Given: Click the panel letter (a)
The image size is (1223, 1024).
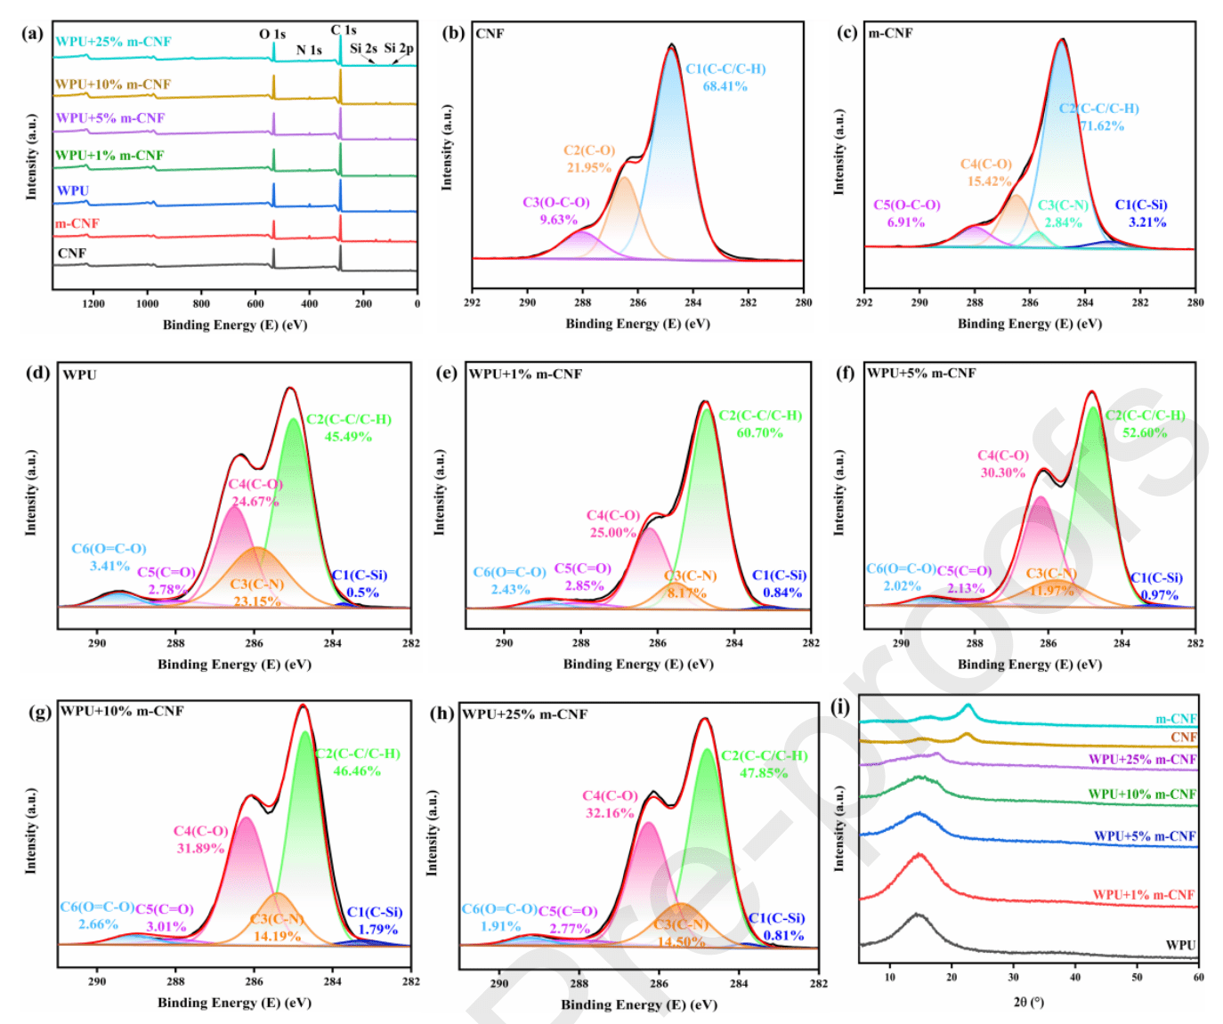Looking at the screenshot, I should pyautogui.click(x=33, y=34).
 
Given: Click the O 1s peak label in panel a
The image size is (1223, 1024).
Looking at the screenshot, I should pyautogui.click(x=272, y=34).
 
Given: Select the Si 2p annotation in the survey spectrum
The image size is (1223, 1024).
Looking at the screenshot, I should pyautogui.click(x=399, y=48).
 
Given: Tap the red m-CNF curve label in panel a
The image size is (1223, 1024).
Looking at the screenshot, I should pyautogui.click(x=77, y=223).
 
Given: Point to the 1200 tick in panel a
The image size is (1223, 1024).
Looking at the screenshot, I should pyautogui.click(x=93, y=304).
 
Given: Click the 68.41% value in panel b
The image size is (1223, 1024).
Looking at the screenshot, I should pyautogui.click(x=725, y=86).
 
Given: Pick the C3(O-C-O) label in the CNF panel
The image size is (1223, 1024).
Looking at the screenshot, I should pyautogui.click(x=556, y=202).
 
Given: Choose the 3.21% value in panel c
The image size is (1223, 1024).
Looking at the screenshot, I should pyautogui.click(x=1147, y=222).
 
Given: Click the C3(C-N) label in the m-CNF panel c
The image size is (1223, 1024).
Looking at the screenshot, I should pyautogui.click(x=1064, y=206).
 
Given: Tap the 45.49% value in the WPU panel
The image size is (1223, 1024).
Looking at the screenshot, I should pyautogui.click(x=348, y=437).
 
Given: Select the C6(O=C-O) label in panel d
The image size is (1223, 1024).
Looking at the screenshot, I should pyautogui.click(x=109, y=549).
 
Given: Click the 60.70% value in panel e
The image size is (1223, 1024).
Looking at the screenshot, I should pyautogui.click(x=759, y=433).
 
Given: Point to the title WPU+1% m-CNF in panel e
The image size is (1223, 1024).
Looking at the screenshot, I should pyautogui.click(x=525, y=374).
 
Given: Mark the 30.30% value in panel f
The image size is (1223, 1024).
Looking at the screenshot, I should pyautogui.click(x=1003, y=472).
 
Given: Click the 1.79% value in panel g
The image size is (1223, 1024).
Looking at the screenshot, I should pyautogui.click(x=377, y=930).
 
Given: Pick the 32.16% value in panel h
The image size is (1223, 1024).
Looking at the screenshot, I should pyautogui.click(x=609, y=813).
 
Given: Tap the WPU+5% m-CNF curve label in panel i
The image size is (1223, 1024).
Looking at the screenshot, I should pyautogui.click(x=1145, y=836).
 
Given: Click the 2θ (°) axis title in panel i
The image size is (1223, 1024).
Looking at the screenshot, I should pyautogui.click(x=1028, y=1003).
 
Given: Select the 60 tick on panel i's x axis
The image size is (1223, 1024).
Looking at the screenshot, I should pyautogui.click(x=1198, y=978).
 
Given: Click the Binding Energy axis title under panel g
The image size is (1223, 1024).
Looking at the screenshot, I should pyautogui.click(x=234, y=1003).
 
